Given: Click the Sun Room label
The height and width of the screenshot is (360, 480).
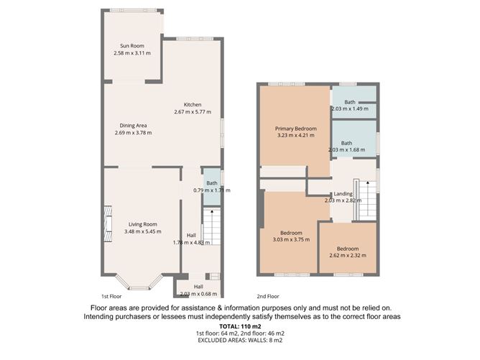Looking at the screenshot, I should click(x=131, y=46).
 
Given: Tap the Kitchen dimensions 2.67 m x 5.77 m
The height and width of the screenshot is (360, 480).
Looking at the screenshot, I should click(x=192, y=112).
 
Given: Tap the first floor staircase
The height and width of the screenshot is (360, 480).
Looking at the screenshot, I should click(x=211, y=227).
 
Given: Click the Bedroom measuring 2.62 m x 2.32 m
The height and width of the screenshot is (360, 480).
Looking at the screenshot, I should click(x=348, y=248).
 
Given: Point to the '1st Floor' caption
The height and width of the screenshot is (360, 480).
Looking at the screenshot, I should click(x=114, y=296).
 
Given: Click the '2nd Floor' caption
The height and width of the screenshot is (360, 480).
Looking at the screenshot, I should click(x=268, y=296).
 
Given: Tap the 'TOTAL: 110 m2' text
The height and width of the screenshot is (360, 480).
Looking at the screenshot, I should click(x=240, y=326).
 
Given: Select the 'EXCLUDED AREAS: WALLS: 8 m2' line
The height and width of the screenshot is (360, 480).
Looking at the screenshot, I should click(x=240, y=342).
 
